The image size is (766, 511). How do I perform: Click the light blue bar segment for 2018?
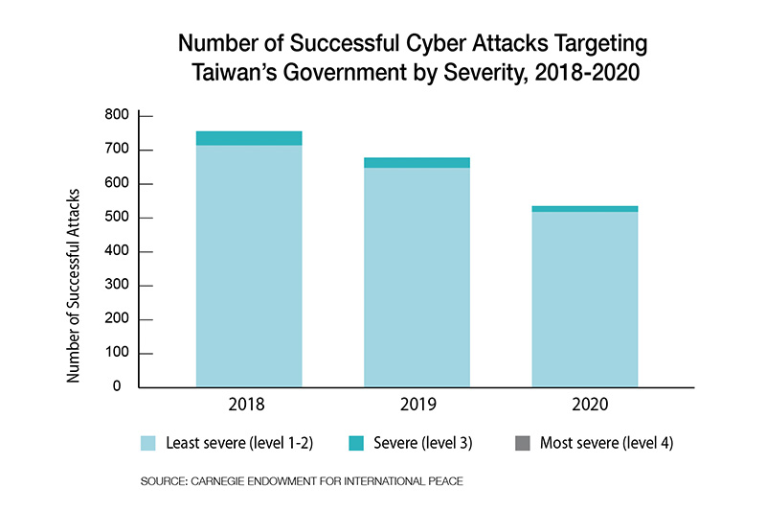pos(249,266)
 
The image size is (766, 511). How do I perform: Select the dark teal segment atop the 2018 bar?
pos(249,138)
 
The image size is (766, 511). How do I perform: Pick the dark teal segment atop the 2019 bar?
pos(417,162)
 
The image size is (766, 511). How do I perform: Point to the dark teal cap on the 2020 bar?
pos(584,208)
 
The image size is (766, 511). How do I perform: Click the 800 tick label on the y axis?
pos(115,116)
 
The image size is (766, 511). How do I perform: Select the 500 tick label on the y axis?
pos(115,218)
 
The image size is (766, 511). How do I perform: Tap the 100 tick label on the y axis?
pos(115,354)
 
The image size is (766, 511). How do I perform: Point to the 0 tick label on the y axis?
pos(116,387)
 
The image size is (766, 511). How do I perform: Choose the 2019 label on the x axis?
pos(417,405)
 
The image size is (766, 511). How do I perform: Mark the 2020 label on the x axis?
pos(584,405)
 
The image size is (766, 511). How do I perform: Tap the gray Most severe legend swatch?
pos(523,443)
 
